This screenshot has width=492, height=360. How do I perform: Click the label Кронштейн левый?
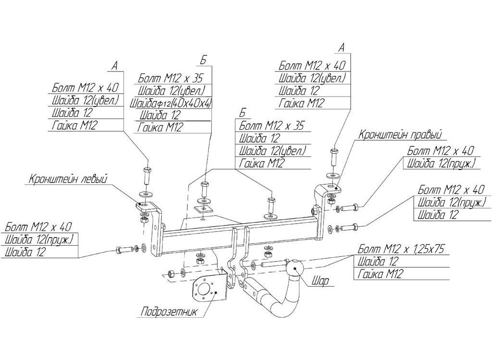pyautogui.click(x=67, y=179)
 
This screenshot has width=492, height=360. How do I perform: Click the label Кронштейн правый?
pyautogui.click(x=399, y=134)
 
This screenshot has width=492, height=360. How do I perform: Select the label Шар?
pyautogui.click(x=320, y=281)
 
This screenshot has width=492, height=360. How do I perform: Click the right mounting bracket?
pyautogui.click(x=320, y=211)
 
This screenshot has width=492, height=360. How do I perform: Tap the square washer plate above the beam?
pyautogui.click(x=203, y=209)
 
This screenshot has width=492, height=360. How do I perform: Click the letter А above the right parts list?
pyautogui.click(x=342, y=48)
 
